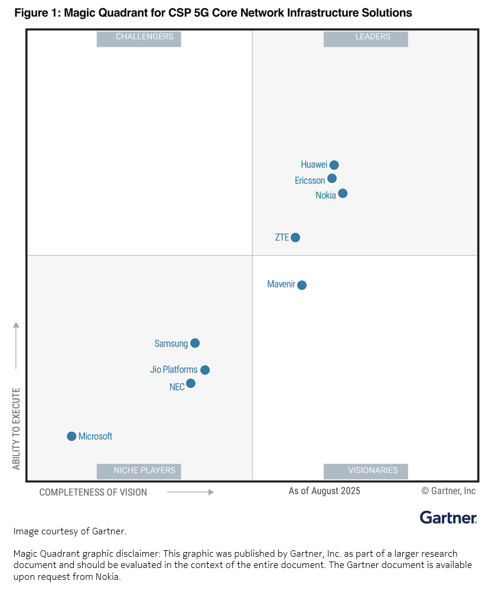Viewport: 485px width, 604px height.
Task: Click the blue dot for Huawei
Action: pyautogui.click(x=334, y=165)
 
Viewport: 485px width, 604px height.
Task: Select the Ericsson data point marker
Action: pyautogui.click(x=332, y=178)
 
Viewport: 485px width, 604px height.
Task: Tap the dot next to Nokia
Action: pyautogui.click(x=343, y=194)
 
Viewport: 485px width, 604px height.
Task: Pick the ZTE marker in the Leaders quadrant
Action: pyautogui.click(x=295, y=237)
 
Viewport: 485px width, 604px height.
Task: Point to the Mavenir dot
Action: pyautogui.click(x=302, y=285)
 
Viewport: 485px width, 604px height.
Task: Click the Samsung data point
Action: pyautogui.click(x=195, y=343)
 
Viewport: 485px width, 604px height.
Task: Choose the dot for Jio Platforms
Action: pyautogui.click(x=205, y=370)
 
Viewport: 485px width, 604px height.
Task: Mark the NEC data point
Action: pyautogui.click(x=191, y=383)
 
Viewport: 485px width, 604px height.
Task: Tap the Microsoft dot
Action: pyautogui.click(x=71, y=436)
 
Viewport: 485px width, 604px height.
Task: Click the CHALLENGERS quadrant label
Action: pyautogui.click(x=139, y=39)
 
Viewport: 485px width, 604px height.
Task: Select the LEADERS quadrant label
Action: pyautogui.click(x=366, y=39)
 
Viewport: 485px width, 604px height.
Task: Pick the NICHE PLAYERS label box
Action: pyautogui.click(x=139, y=471)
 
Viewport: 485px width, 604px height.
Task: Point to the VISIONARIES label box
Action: pyautogui.click(x=366, y=471)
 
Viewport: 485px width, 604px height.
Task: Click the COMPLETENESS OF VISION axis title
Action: pyautogui.click(x=93, y=492)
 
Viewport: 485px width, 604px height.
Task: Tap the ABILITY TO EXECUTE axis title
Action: pyautogui.click(x=16, y=429)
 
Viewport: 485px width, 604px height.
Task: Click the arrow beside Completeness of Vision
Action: pyautogui.click(x=190, y=492)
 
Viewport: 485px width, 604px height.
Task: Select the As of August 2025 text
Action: pyautogui.click(x=325, y=491)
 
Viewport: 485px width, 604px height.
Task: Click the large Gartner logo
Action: pyautogui.click(x=448, y=517)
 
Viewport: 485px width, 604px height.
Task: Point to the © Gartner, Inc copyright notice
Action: pyautogui.click(x=449, y=491)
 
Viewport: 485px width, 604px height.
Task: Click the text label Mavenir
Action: pyautogui.click(x=281, y=284)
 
